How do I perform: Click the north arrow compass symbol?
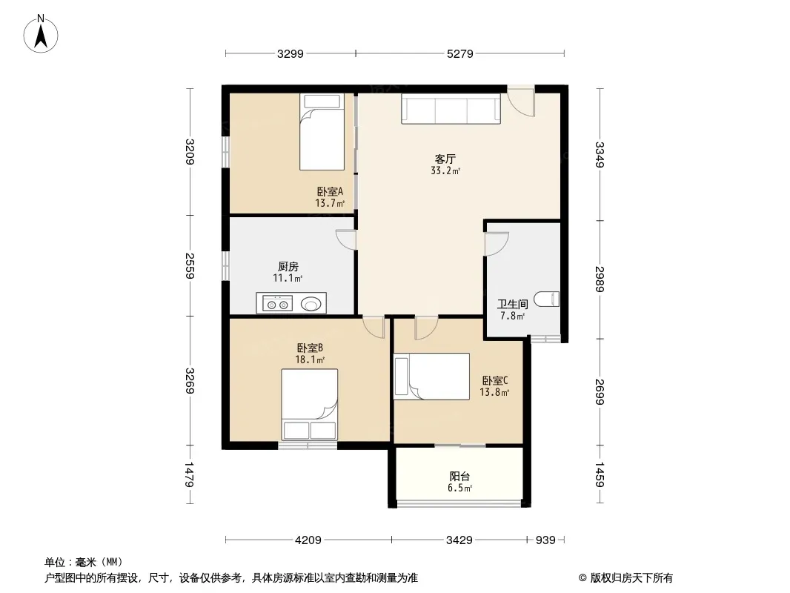click(x=41, y=34)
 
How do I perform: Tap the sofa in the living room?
click(x=451, y=108)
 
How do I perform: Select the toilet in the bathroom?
click(x=546, y=299)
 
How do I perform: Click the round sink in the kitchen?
click(x=311, y=304)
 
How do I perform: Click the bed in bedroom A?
click(x=322, y=131)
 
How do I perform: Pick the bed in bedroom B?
click(x=309, y=405)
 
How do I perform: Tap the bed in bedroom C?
click(x=432, y=377)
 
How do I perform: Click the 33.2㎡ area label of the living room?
click(x=445, y=170)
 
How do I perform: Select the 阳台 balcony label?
click(x=459, y=476)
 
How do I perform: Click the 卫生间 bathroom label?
click(x=512, y=305)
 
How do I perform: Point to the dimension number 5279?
click(x=460, y=53)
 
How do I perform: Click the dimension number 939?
click(x=545, y=540)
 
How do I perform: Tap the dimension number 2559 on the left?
click(x=190, y=265)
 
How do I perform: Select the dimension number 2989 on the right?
click(x=600, y=279)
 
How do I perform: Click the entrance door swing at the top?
click(x=521, y=102)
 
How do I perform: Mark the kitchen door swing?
click(x=346, y=239)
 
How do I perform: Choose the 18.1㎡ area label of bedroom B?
click(x=310, y=360)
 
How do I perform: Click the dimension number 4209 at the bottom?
click(x=308, y=540)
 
